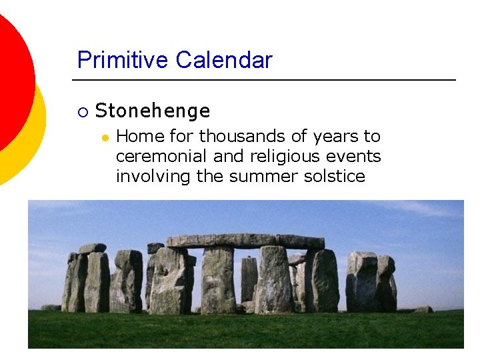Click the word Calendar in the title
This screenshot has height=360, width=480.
tap(224, 60)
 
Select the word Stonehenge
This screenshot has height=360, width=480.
tap(153, 111)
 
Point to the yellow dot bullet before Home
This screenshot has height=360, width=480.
tap(105, 137)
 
